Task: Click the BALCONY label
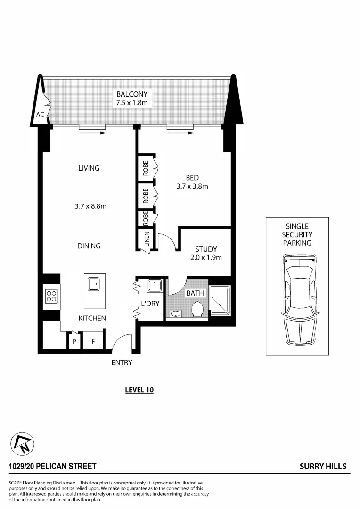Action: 135,94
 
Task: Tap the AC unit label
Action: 40,115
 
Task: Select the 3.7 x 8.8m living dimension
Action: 94,206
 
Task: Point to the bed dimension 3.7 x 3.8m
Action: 192,186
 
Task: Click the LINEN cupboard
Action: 147,239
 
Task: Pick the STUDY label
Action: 206,249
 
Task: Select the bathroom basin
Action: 176,313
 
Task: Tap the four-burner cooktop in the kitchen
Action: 51,296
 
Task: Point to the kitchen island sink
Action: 93,284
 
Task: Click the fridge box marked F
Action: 93,341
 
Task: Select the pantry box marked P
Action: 74,341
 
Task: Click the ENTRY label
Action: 122,362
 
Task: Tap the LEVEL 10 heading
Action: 139,390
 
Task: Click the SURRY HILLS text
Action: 323,466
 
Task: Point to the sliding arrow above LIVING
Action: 92,133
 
